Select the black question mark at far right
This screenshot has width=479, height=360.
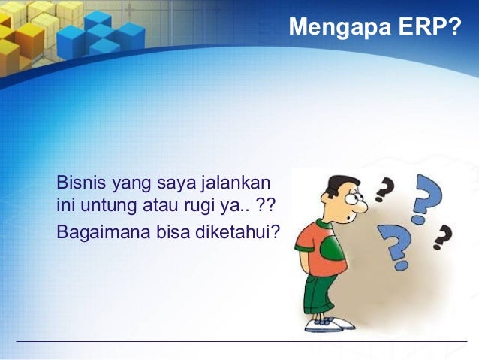(x=444, y=237)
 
